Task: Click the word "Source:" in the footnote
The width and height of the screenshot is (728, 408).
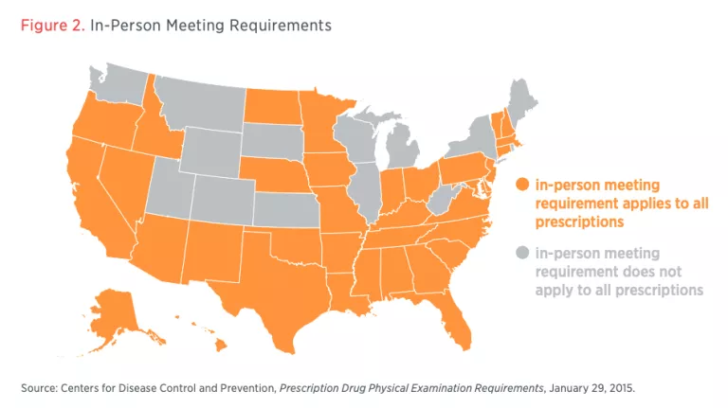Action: pos(39,388)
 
